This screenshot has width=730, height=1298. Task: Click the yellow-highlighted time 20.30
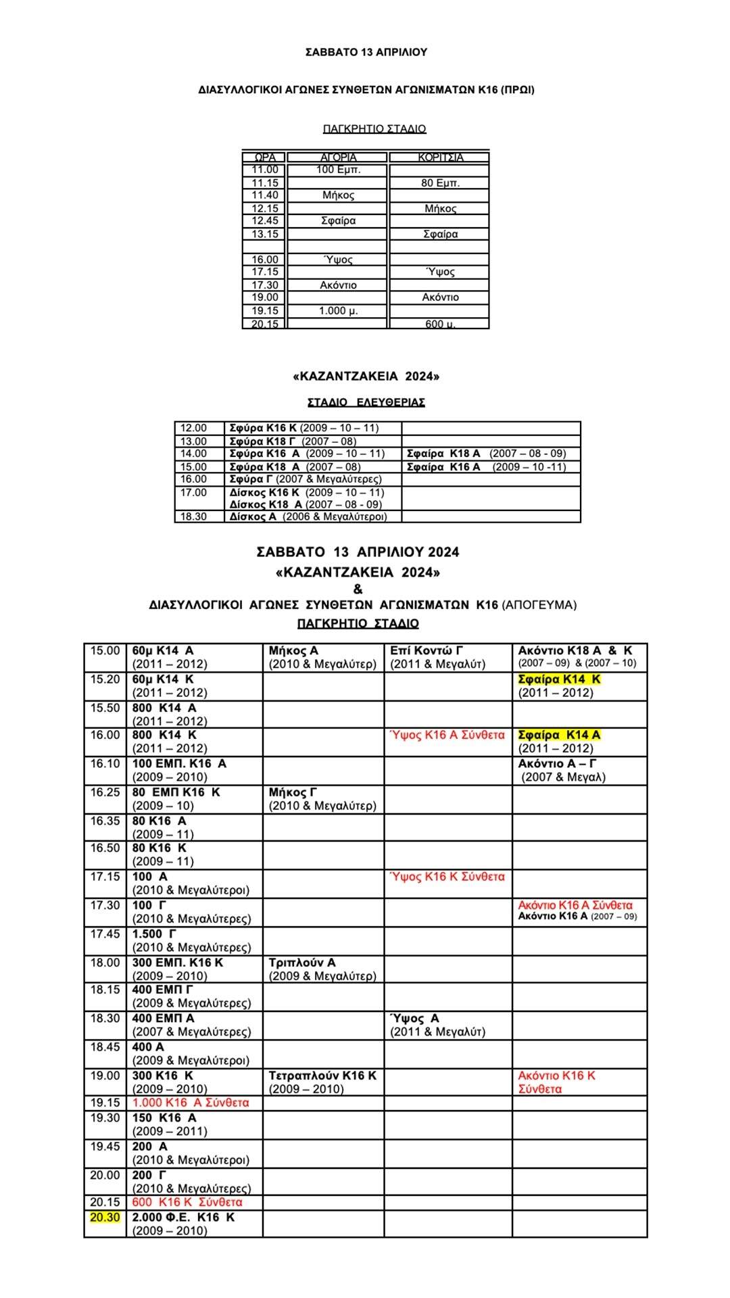(105, 1217)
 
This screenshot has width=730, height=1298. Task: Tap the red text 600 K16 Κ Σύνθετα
(187, 1202)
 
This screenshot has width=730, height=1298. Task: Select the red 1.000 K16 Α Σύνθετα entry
(191, 1103)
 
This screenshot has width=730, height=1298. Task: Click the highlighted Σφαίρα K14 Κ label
(559, 679)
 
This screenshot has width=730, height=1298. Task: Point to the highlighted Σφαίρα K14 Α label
(559, 735)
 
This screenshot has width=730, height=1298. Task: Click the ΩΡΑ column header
(265, 158)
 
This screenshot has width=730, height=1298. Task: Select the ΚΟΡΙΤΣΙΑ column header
(440, 158)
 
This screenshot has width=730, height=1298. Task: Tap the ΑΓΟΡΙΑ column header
(338, 158)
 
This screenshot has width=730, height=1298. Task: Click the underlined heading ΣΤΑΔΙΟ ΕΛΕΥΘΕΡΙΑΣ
(366, 402)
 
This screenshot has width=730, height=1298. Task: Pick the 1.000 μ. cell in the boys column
(338, 311)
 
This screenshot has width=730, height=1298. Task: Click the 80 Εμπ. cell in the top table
(440, 183)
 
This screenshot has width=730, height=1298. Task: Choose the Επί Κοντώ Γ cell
(427, 650)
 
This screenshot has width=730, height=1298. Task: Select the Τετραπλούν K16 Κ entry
(322, 1076)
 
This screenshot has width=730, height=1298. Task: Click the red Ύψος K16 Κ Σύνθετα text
(447, 877)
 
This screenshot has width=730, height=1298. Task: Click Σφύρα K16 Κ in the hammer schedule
(262, 428)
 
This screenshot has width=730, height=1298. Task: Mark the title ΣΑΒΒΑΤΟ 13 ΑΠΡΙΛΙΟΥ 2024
(358, 552)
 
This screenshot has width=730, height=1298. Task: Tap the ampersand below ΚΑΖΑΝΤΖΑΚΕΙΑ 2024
(358, 589)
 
